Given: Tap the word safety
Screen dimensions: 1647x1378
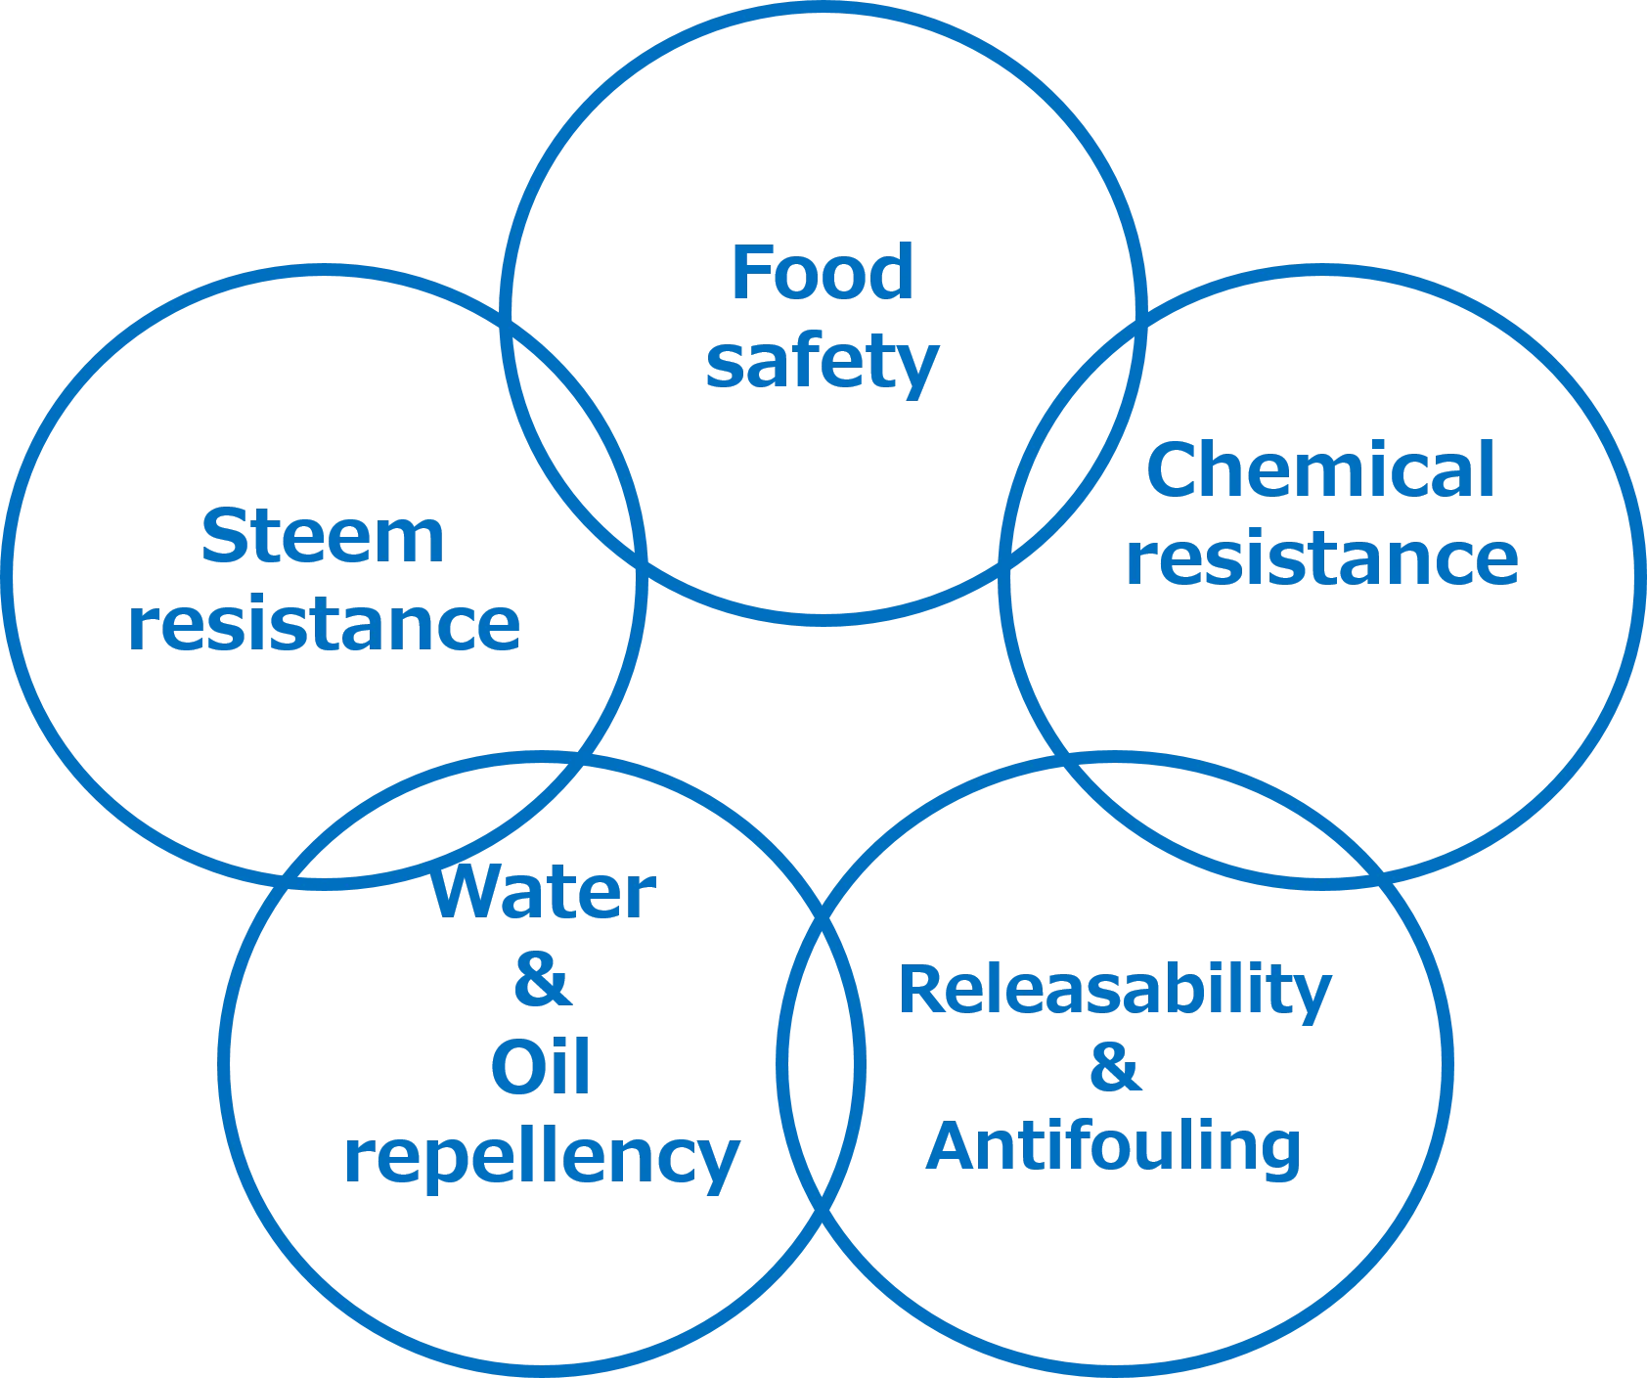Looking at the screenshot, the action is [822, 363].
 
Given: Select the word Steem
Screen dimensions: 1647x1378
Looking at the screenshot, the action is [324, 537].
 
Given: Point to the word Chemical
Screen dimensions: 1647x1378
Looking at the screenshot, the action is [1320, 471].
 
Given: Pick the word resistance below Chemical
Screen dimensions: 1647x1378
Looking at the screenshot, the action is [1320, 558].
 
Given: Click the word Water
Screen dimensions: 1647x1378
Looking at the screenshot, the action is [543, 895].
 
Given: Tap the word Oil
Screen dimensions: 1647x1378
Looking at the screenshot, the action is [541, 1068].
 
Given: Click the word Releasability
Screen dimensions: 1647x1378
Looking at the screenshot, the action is [1115, 990].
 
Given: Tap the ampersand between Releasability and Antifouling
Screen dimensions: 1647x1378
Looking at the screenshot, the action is [1114, 1068].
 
